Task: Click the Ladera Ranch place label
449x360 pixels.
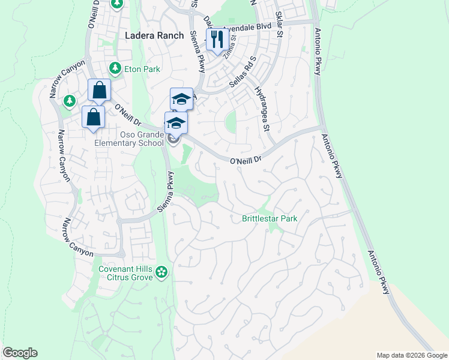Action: pyautogui.click(x=154, y=35)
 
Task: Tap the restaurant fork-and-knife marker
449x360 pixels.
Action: pyautogui.click(x=215, y=40)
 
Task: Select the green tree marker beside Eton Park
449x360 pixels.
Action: pyautogui.click(x=114, y=69)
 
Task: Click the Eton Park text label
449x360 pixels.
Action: pyautogui.click(x=142, y=69)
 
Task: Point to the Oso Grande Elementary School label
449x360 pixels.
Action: pyautogui.click(x=129, y=139)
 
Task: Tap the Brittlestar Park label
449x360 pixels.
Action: pyautogui.click(x=270, y=218)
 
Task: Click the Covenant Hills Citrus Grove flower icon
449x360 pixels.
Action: pyautogui.click(x=161, y=273)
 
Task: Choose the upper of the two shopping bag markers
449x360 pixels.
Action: pyautogui.click(x=100, y=91)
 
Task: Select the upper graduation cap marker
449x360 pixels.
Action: pyautogui.click(x=181, y=99)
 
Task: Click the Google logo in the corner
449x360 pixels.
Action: pyautogui.click(x=20, y=353)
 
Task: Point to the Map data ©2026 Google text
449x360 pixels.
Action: pyautogui.click(x=411, y=355)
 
